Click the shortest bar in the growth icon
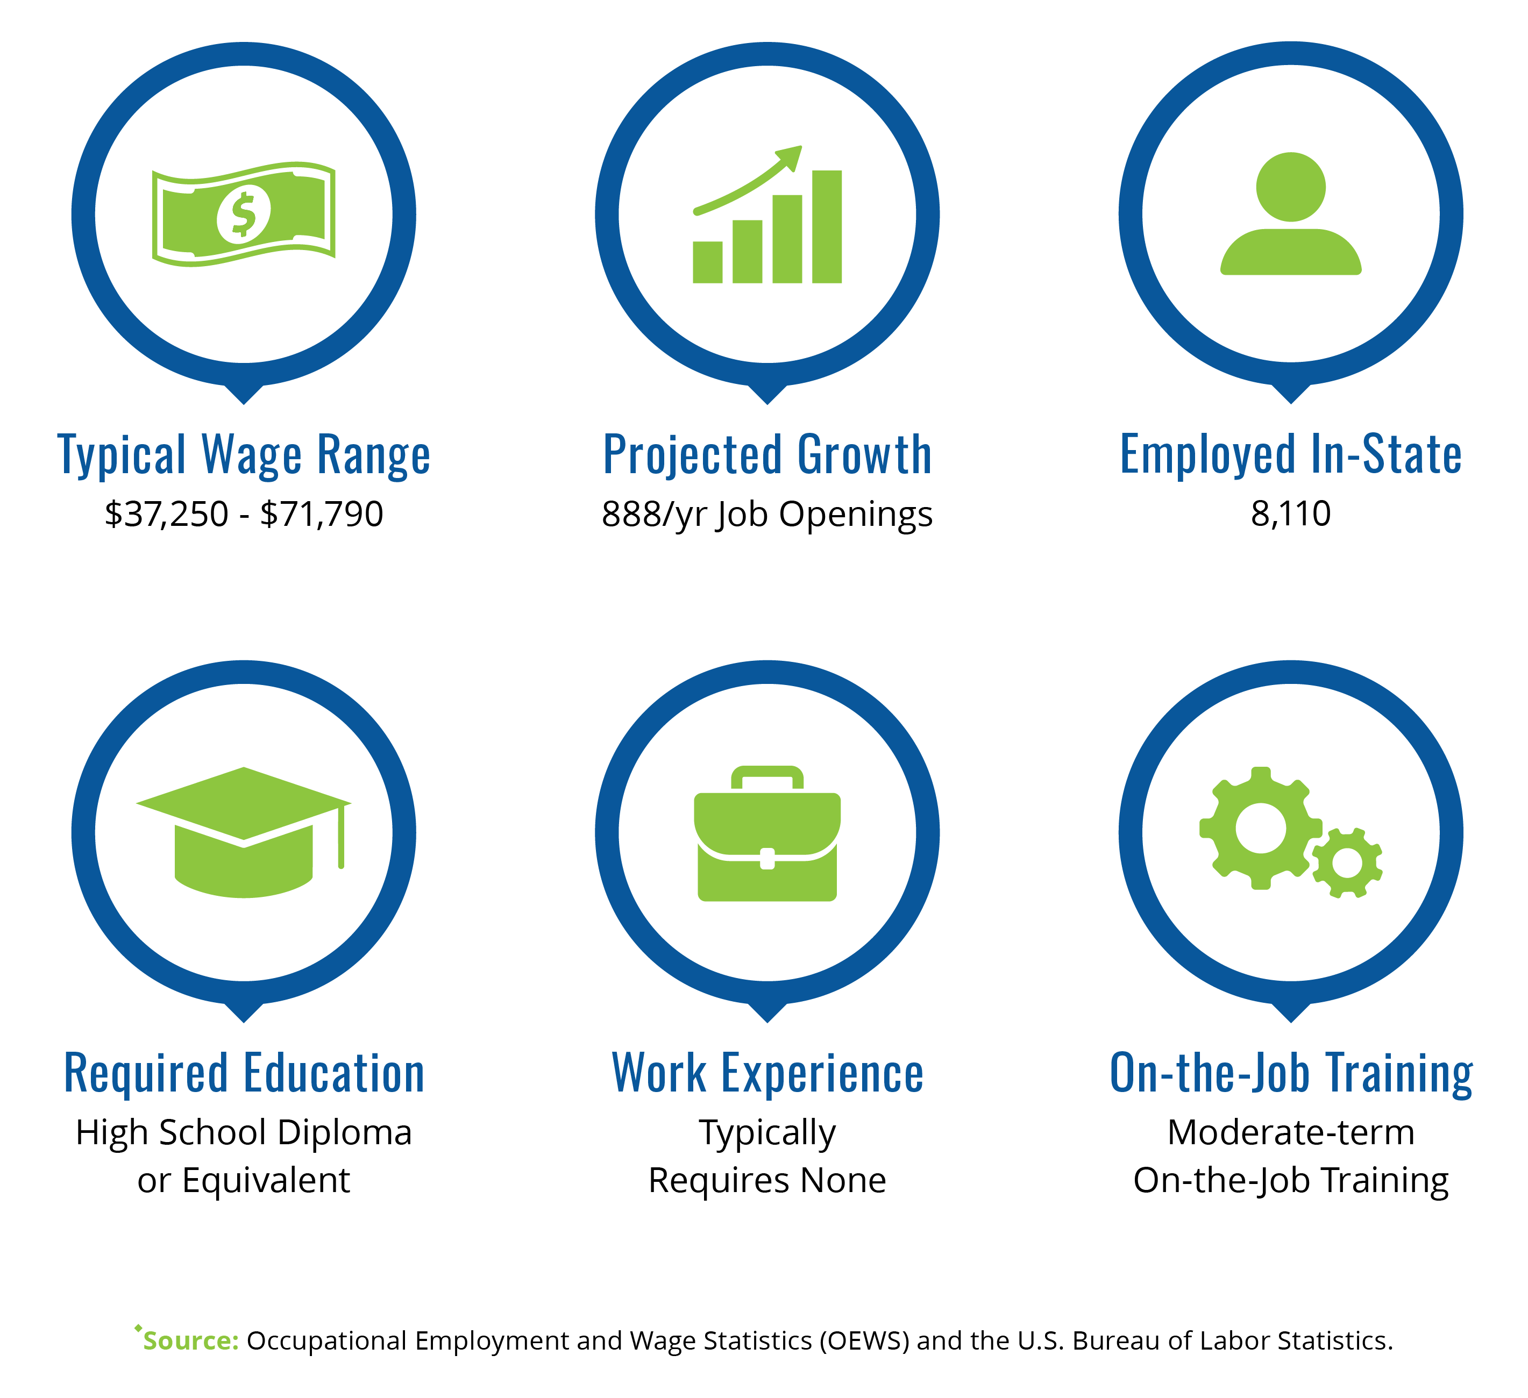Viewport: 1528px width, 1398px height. [707, 262]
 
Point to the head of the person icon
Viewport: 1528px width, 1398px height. [1291, 187]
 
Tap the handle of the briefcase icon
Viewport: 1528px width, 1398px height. [767, 778]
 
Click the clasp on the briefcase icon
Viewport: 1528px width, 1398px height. [767, 859]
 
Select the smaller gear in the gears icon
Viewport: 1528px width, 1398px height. [1347, 863]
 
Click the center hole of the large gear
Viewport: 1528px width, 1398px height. [1261, 828]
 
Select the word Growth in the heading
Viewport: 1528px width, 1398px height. [865, 455]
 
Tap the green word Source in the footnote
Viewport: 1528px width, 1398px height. [190, 1340]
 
